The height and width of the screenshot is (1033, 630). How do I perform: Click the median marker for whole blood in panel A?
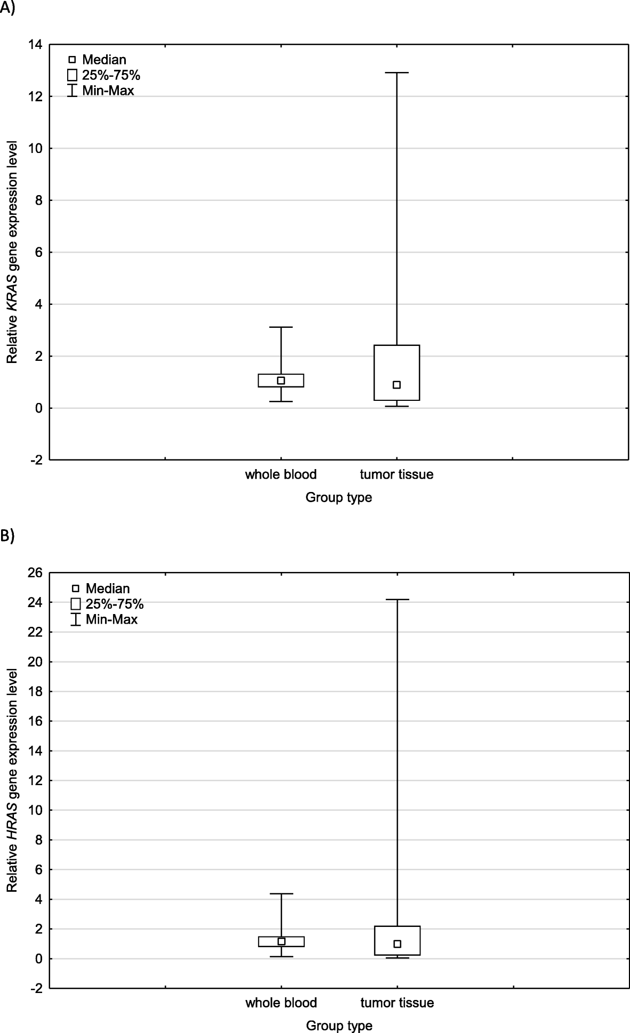coord(281,381)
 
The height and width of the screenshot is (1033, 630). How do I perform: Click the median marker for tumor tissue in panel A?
coord(397,385)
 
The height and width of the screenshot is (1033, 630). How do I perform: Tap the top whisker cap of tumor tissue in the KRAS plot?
coord(397,72)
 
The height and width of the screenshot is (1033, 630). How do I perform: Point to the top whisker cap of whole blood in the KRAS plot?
coord(281,327)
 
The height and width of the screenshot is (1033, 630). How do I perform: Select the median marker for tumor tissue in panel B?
coord(397,943)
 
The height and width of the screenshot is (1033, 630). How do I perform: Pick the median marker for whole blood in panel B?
coord(281,941)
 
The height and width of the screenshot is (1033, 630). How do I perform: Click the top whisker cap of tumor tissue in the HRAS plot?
coord(397,600)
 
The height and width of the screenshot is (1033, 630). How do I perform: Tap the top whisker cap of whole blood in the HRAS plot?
coord(281,893)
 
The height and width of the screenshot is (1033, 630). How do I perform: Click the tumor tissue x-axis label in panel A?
coord(397,474)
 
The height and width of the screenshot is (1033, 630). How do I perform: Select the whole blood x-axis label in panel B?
coord(281,1003)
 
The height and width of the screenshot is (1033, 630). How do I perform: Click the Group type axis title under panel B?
coord(339,1026)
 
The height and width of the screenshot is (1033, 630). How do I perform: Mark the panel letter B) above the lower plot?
coord(7,536)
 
